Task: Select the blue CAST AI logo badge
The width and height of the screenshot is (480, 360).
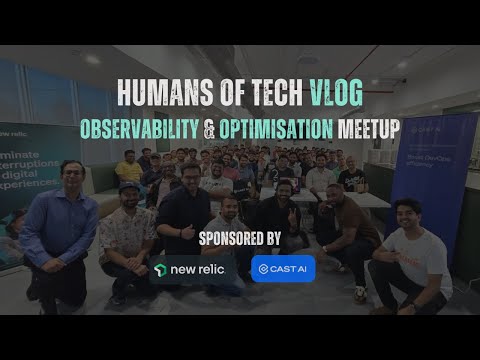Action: tap(283, 269)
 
